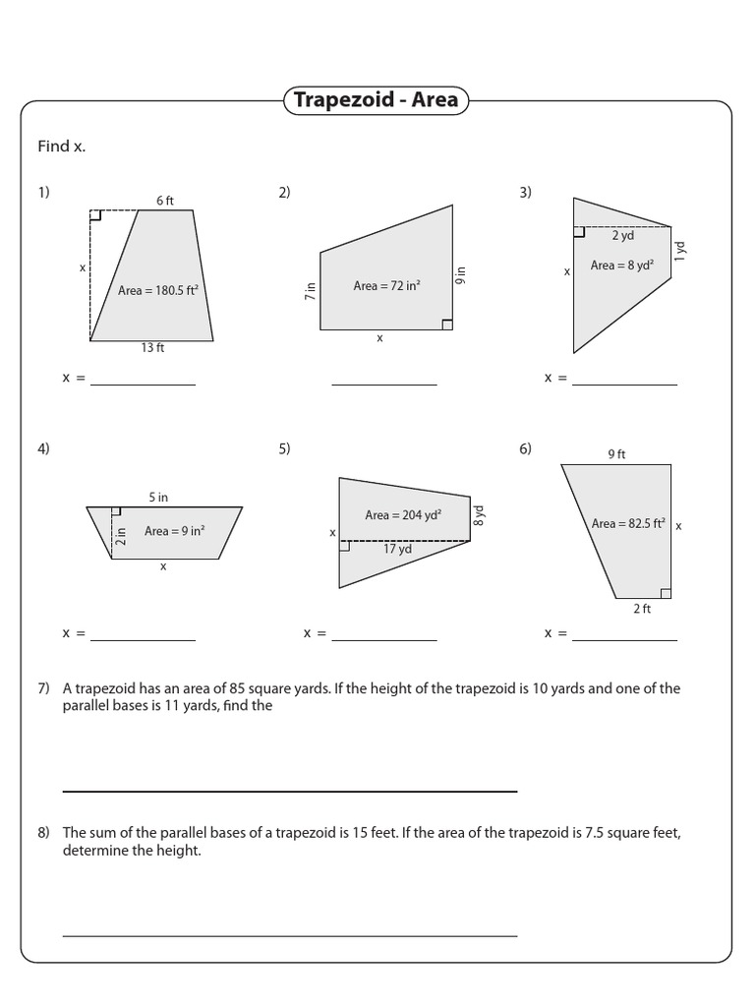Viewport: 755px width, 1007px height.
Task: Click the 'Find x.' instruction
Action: click(61, 147)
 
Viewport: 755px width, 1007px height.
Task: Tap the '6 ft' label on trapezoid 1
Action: click(164, 201)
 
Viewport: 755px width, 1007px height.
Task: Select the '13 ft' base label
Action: click(152, 348)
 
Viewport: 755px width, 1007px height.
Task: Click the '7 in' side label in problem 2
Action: click(311, 290)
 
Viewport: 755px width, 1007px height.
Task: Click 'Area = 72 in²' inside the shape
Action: click(386, 285)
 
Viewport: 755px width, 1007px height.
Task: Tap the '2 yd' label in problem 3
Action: click(622, 235)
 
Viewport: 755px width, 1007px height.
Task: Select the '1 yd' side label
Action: click(680, 251)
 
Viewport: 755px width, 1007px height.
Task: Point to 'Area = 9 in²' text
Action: click(174, 531)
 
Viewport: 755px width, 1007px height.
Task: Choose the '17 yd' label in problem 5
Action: click(397, 549)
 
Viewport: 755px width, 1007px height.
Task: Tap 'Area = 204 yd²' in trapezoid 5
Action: click(403, 514)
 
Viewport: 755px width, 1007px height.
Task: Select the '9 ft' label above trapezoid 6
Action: click(616, 454)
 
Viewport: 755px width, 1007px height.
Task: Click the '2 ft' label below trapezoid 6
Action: click(642, 609)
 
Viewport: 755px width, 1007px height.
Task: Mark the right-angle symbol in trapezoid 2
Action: click(447, 325)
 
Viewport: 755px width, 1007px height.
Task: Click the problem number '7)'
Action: click(43, 688)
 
